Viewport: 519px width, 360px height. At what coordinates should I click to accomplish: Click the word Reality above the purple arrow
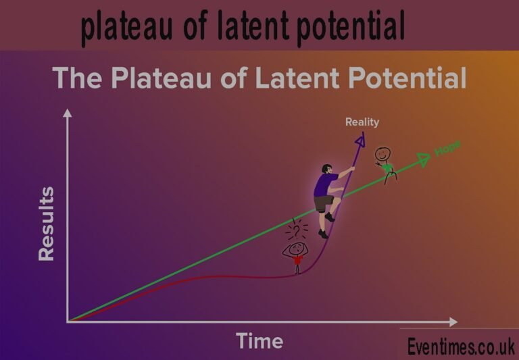(x=362, y=122)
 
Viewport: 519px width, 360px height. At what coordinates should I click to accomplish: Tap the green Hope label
(x=447, y=149)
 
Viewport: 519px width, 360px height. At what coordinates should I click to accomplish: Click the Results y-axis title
(x=47, y=224)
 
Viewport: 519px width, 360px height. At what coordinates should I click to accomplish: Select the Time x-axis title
(x=259, y=341)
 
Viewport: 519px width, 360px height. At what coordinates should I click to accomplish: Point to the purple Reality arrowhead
(x=360, y=138)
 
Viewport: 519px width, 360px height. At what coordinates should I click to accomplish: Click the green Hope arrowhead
(x=424, y=159)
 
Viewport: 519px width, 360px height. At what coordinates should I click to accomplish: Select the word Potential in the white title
(x=407, y=79)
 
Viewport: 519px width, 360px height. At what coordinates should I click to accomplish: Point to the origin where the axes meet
(x=68, y=322)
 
